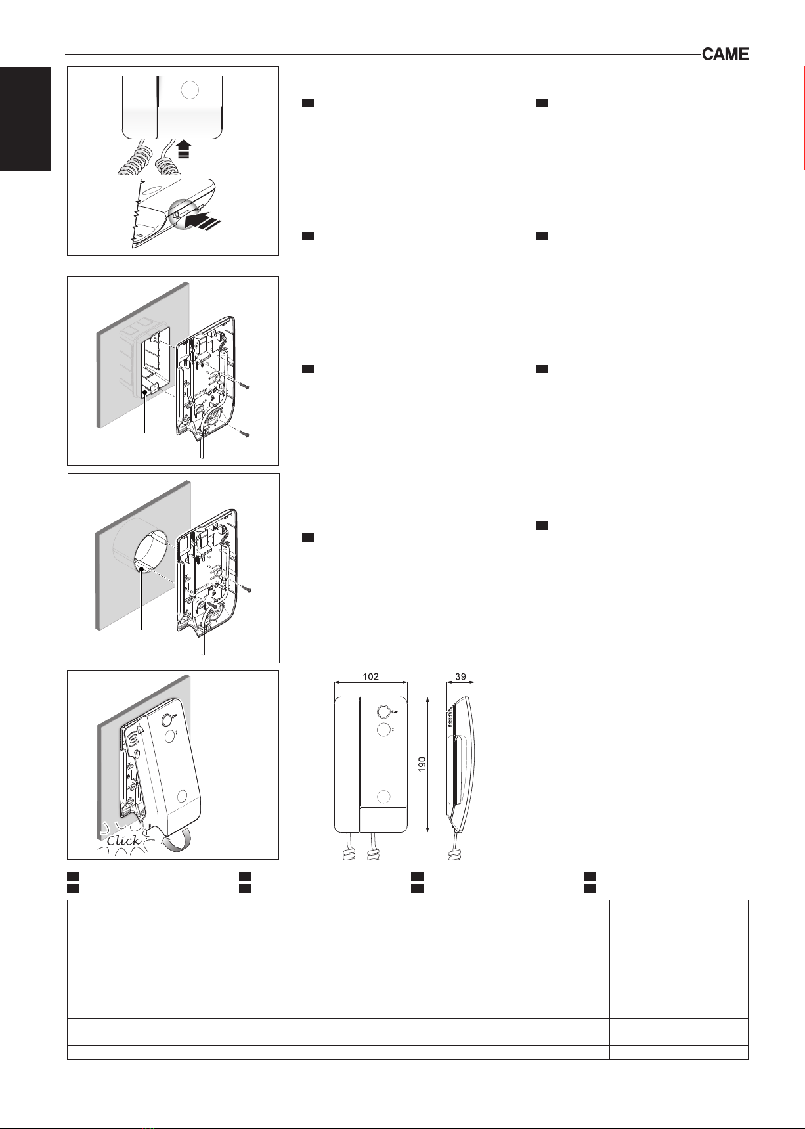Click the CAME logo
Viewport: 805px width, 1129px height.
point(725,55)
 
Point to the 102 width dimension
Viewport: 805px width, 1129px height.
point(371,675)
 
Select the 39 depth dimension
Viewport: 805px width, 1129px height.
point(460,675)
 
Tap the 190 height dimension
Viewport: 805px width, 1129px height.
point(422,763)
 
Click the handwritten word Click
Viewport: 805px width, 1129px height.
point(123,840)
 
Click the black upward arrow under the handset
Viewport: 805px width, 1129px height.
point(185,150)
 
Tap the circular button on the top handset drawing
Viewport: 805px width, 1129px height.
point(188,90)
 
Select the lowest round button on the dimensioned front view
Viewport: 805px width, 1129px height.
point(384,797)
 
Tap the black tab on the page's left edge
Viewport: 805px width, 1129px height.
point(26,119)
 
